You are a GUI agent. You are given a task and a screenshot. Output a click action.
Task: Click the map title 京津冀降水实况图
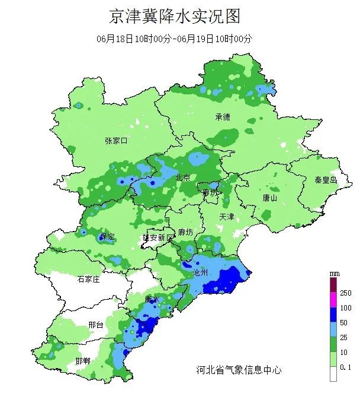point(175,16)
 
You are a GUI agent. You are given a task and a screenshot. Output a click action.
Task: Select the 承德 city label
point(223,117)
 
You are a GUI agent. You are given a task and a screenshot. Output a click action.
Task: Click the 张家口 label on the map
point(116,141)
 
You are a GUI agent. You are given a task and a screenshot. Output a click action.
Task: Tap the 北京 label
point(182,177)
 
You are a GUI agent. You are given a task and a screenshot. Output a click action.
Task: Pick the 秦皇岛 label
point(325,179)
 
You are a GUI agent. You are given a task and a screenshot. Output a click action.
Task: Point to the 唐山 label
point(269,198)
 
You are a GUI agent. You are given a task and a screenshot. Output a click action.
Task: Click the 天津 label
point(227,217)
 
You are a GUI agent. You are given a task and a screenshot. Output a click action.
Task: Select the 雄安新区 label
point(158,237)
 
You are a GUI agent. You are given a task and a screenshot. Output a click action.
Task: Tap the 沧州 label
point(201,272)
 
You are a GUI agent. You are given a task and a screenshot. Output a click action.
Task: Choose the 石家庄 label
point(88,278)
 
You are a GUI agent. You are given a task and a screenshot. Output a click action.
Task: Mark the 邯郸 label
point(83,361)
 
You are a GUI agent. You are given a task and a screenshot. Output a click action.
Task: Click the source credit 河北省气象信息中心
point(239,370)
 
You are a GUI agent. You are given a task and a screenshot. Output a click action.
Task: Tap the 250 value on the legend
point(345,293)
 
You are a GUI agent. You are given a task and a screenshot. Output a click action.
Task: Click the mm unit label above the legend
point(334,272)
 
